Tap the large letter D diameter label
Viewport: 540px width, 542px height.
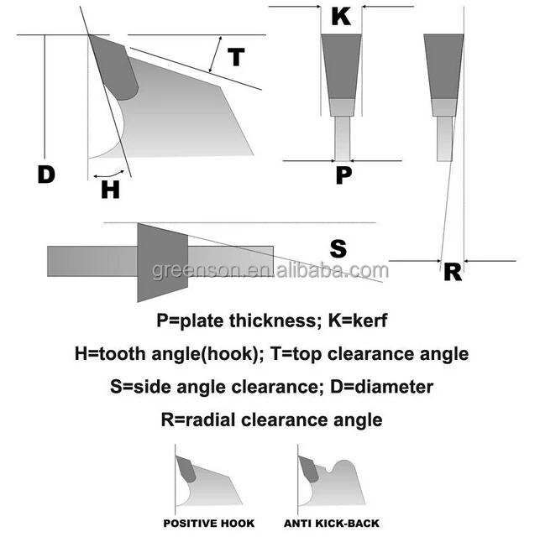(x=46, y=175)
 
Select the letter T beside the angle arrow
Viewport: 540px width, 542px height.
(x=237, y=58)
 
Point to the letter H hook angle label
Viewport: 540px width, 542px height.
(x=110, y=190)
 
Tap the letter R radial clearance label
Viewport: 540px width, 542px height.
(x=453, y=271)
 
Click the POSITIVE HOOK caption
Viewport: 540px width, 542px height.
(x=209, y=524)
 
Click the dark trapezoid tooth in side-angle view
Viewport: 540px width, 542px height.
(x=161, y=262)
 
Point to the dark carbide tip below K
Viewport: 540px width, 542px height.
(x=341, y=66)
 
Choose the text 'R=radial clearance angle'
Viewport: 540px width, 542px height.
(x=270, y=420)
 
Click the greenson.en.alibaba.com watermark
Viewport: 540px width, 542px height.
(x=270, y=270)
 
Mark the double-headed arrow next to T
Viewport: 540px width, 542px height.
(x=216, y=55)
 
